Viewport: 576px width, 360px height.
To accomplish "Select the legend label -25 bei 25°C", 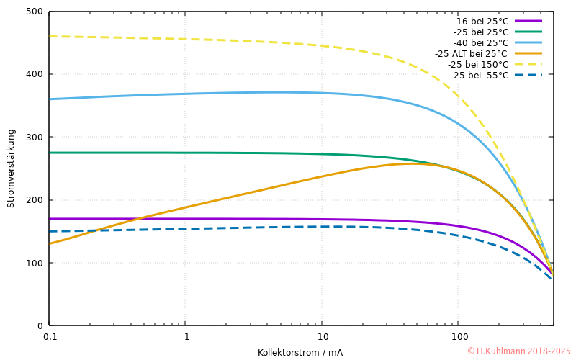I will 481,32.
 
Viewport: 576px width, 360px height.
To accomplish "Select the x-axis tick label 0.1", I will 50,337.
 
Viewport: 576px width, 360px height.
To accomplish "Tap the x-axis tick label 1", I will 186,337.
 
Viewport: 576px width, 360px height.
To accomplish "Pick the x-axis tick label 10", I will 322,337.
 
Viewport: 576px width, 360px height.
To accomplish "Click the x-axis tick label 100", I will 458,337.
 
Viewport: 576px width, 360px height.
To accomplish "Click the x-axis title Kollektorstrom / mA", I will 300,353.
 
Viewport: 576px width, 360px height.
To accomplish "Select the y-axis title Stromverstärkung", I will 11,168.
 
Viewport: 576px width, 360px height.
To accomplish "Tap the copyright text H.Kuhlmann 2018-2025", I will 518,351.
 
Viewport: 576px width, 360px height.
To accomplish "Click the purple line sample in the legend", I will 528,21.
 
